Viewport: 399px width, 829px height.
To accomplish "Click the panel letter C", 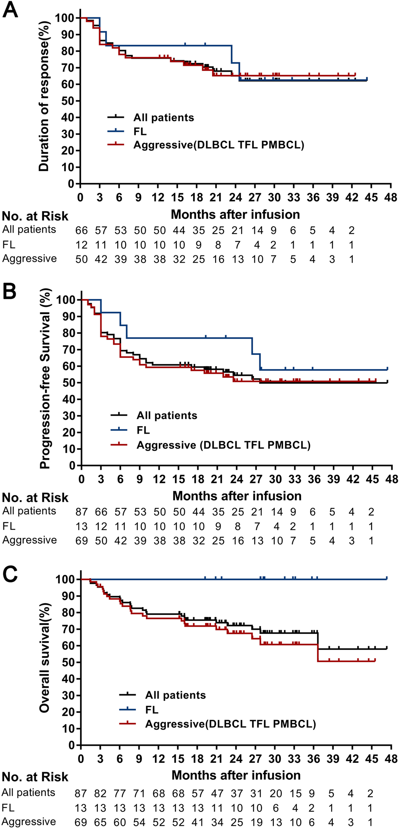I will point(10,574).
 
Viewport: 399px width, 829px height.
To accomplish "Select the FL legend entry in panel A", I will point(140,131).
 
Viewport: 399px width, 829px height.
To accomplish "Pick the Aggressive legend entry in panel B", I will point(223,445).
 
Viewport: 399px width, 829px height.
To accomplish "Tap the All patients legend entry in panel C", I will point(175,695).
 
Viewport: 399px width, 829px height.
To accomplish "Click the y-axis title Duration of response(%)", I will point(44,96).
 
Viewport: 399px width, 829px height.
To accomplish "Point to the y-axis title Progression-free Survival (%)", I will point(45,378).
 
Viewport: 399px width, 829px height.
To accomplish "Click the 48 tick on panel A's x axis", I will point(391,198).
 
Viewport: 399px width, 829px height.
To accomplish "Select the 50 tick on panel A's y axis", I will point(67,101).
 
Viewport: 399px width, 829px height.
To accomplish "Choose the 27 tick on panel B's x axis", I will point(256,479).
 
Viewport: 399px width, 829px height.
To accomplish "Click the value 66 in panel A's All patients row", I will point(81,230).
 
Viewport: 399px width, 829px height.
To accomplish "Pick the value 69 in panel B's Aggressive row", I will point(81,540).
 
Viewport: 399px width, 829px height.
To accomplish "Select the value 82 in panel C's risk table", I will point(100,794).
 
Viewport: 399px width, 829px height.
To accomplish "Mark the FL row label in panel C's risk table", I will point(8,808).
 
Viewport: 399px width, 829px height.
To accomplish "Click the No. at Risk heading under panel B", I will point(35,498).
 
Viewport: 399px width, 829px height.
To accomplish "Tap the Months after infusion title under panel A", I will point(235,215).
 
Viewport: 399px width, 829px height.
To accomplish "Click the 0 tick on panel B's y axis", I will point(72,466).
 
